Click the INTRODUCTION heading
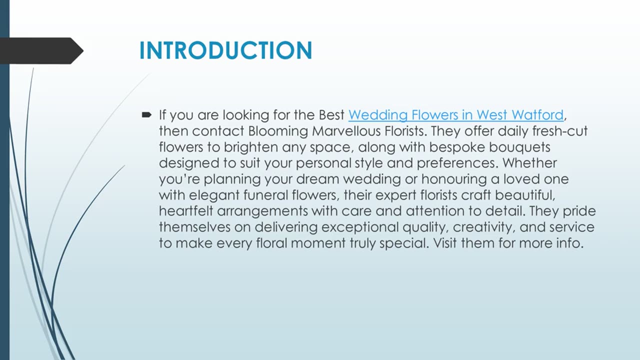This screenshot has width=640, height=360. tap(225, 50)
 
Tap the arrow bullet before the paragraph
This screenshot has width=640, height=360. tap(146, 115)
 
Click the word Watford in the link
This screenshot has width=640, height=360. tap(538, 115)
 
